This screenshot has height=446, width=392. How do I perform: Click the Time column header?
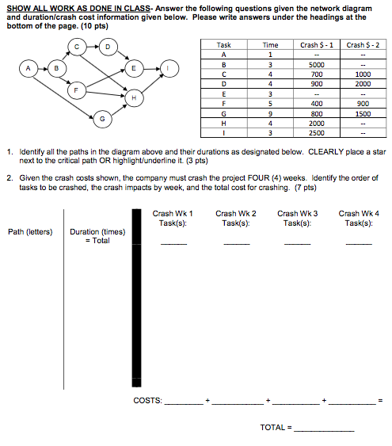coord(270,46)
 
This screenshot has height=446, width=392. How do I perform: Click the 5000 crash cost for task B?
coord(316,65)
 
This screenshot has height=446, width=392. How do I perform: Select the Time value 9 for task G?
coord(270,113)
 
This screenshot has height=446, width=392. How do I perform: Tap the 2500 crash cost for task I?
coord(316,132)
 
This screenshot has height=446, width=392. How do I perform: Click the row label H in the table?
coord(224,123)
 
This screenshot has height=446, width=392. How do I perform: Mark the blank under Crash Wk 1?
coord(174,244)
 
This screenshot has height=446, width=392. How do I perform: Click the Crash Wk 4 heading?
coord(359,213)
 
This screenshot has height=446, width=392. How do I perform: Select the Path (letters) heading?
coord(31,232)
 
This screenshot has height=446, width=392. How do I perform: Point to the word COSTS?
coord(147,401)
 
